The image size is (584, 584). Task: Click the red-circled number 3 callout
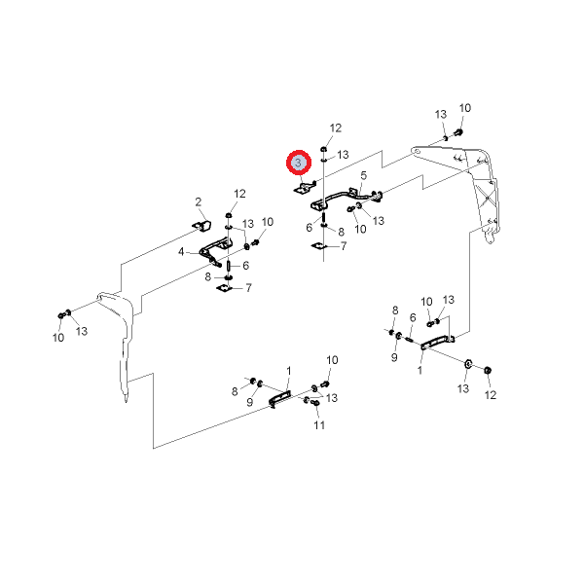(x=299, y=164)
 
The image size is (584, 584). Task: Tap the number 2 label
(x=199, y=202)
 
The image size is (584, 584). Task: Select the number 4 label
(x=181, y=251)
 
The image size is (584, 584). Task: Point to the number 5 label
(x=363, y=175)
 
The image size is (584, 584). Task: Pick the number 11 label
(x=319, y=426)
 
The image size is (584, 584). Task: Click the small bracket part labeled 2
(x=200, y=227)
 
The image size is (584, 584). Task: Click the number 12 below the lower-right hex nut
(x=491, y=395)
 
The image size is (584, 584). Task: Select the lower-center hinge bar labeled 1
(x=279, y=399)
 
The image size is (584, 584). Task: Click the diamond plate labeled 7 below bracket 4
(x=226, y=288)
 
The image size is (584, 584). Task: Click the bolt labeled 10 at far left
(x=65, y=314)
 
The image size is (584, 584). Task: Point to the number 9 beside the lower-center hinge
(x=250, y=402)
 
